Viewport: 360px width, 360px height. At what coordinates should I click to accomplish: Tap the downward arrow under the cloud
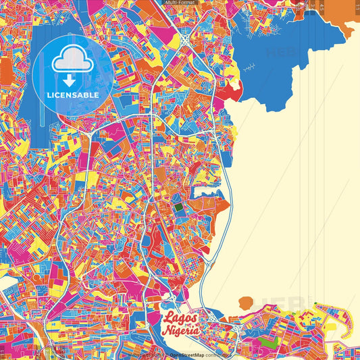[72, 78]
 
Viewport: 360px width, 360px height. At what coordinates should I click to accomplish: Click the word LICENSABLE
[72, 95]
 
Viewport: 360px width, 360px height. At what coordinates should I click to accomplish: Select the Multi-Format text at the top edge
[180, 3]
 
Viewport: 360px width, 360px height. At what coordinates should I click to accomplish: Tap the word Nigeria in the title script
[180, 330]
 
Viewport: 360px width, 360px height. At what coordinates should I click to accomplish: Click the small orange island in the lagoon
[247, 301]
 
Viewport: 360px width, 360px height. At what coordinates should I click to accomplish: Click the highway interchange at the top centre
[184, 40]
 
